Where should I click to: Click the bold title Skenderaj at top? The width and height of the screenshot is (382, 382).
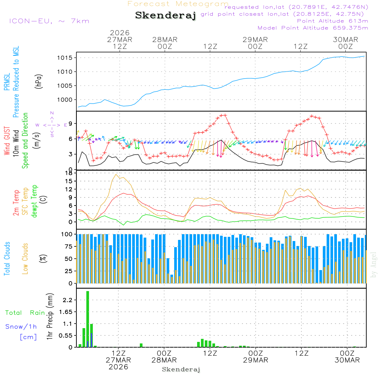click(166, 16)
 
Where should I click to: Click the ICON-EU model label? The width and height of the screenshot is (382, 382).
click(49, 21)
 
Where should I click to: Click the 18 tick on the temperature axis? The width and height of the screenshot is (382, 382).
click(69, 173)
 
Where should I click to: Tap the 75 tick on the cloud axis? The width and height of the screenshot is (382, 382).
click(68, 246)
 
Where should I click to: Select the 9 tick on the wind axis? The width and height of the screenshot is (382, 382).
click(71, 123)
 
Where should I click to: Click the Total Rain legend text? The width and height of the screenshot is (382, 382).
click(25, 312)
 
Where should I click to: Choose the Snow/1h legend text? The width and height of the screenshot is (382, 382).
click(21, 327)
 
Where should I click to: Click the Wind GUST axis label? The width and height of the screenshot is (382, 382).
click(7, 141)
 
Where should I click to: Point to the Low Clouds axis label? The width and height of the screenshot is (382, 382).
click(26, 258)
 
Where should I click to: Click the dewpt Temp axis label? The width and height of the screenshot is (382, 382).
click(35, 201)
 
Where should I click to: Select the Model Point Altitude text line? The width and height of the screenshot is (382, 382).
click(313, 28)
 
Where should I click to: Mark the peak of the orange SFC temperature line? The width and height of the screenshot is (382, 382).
click(116, 174)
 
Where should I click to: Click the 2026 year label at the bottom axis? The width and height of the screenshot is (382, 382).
click(118, 367)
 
